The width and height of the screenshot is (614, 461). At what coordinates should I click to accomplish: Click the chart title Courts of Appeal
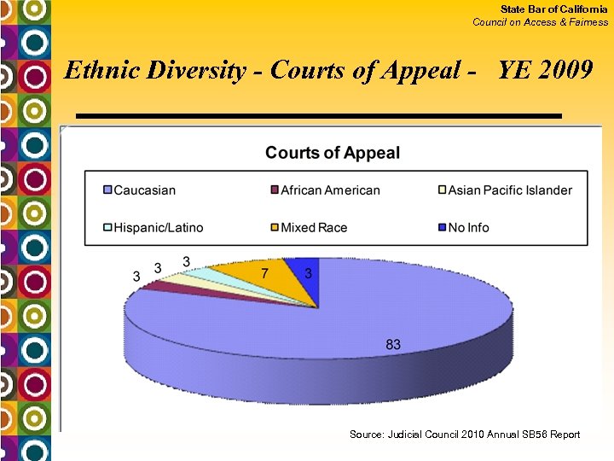333,153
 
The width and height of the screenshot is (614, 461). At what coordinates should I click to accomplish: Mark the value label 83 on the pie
393,345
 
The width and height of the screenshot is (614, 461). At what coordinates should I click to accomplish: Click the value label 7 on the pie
265,273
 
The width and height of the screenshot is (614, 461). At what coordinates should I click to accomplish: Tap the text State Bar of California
553,9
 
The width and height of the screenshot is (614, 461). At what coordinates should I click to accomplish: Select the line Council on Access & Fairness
541,22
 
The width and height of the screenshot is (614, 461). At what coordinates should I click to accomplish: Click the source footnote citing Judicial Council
464,435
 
